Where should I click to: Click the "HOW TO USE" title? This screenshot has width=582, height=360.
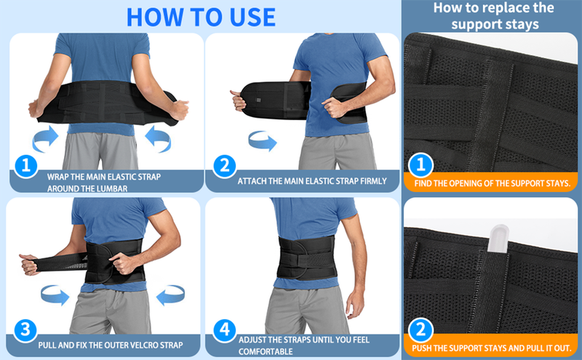(x=201, y=17)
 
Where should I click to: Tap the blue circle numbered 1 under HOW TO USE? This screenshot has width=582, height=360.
(x=25, y=166)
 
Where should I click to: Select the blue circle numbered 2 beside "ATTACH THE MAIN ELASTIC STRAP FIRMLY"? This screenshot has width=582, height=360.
(x=225, y=166)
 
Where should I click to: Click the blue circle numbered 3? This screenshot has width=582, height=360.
(x=25, y=330)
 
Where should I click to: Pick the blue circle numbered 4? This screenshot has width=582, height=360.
(x=225, y=330)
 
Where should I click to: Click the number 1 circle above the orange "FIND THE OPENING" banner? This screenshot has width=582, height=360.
(x=420, y=164)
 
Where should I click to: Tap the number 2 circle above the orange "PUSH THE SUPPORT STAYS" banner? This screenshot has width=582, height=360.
(x=420, y=329)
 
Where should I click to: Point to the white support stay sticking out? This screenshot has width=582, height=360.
(x=498, y=239)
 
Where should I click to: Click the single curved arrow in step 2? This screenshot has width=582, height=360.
(x=263, y=140)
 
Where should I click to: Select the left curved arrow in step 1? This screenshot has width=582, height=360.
(x=45, y=139)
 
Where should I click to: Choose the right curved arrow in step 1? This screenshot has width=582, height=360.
(x=158, y=139)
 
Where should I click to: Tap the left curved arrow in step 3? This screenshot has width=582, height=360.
(x=55, y=295)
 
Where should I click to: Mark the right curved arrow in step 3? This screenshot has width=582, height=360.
(x=170, y=295)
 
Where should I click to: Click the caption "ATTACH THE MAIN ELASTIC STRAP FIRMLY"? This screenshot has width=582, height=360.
(x=312, y=181)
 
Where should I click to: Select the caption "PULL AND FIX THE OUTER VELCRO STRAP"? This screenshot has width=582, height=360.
(x=111, y=345)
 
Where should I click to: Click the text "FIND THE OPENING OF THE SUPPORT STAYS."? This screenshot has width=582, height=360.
(x=493, y=183)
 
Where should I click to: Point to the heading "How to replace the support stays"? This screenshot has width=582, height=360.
(x=494, y=16)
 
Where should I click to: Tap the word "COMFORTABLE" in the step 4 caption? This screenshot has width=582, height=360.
(x=266, y=351)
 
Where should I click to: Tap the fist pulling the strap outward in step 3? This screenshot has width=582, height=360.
(x=29, y=264)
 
